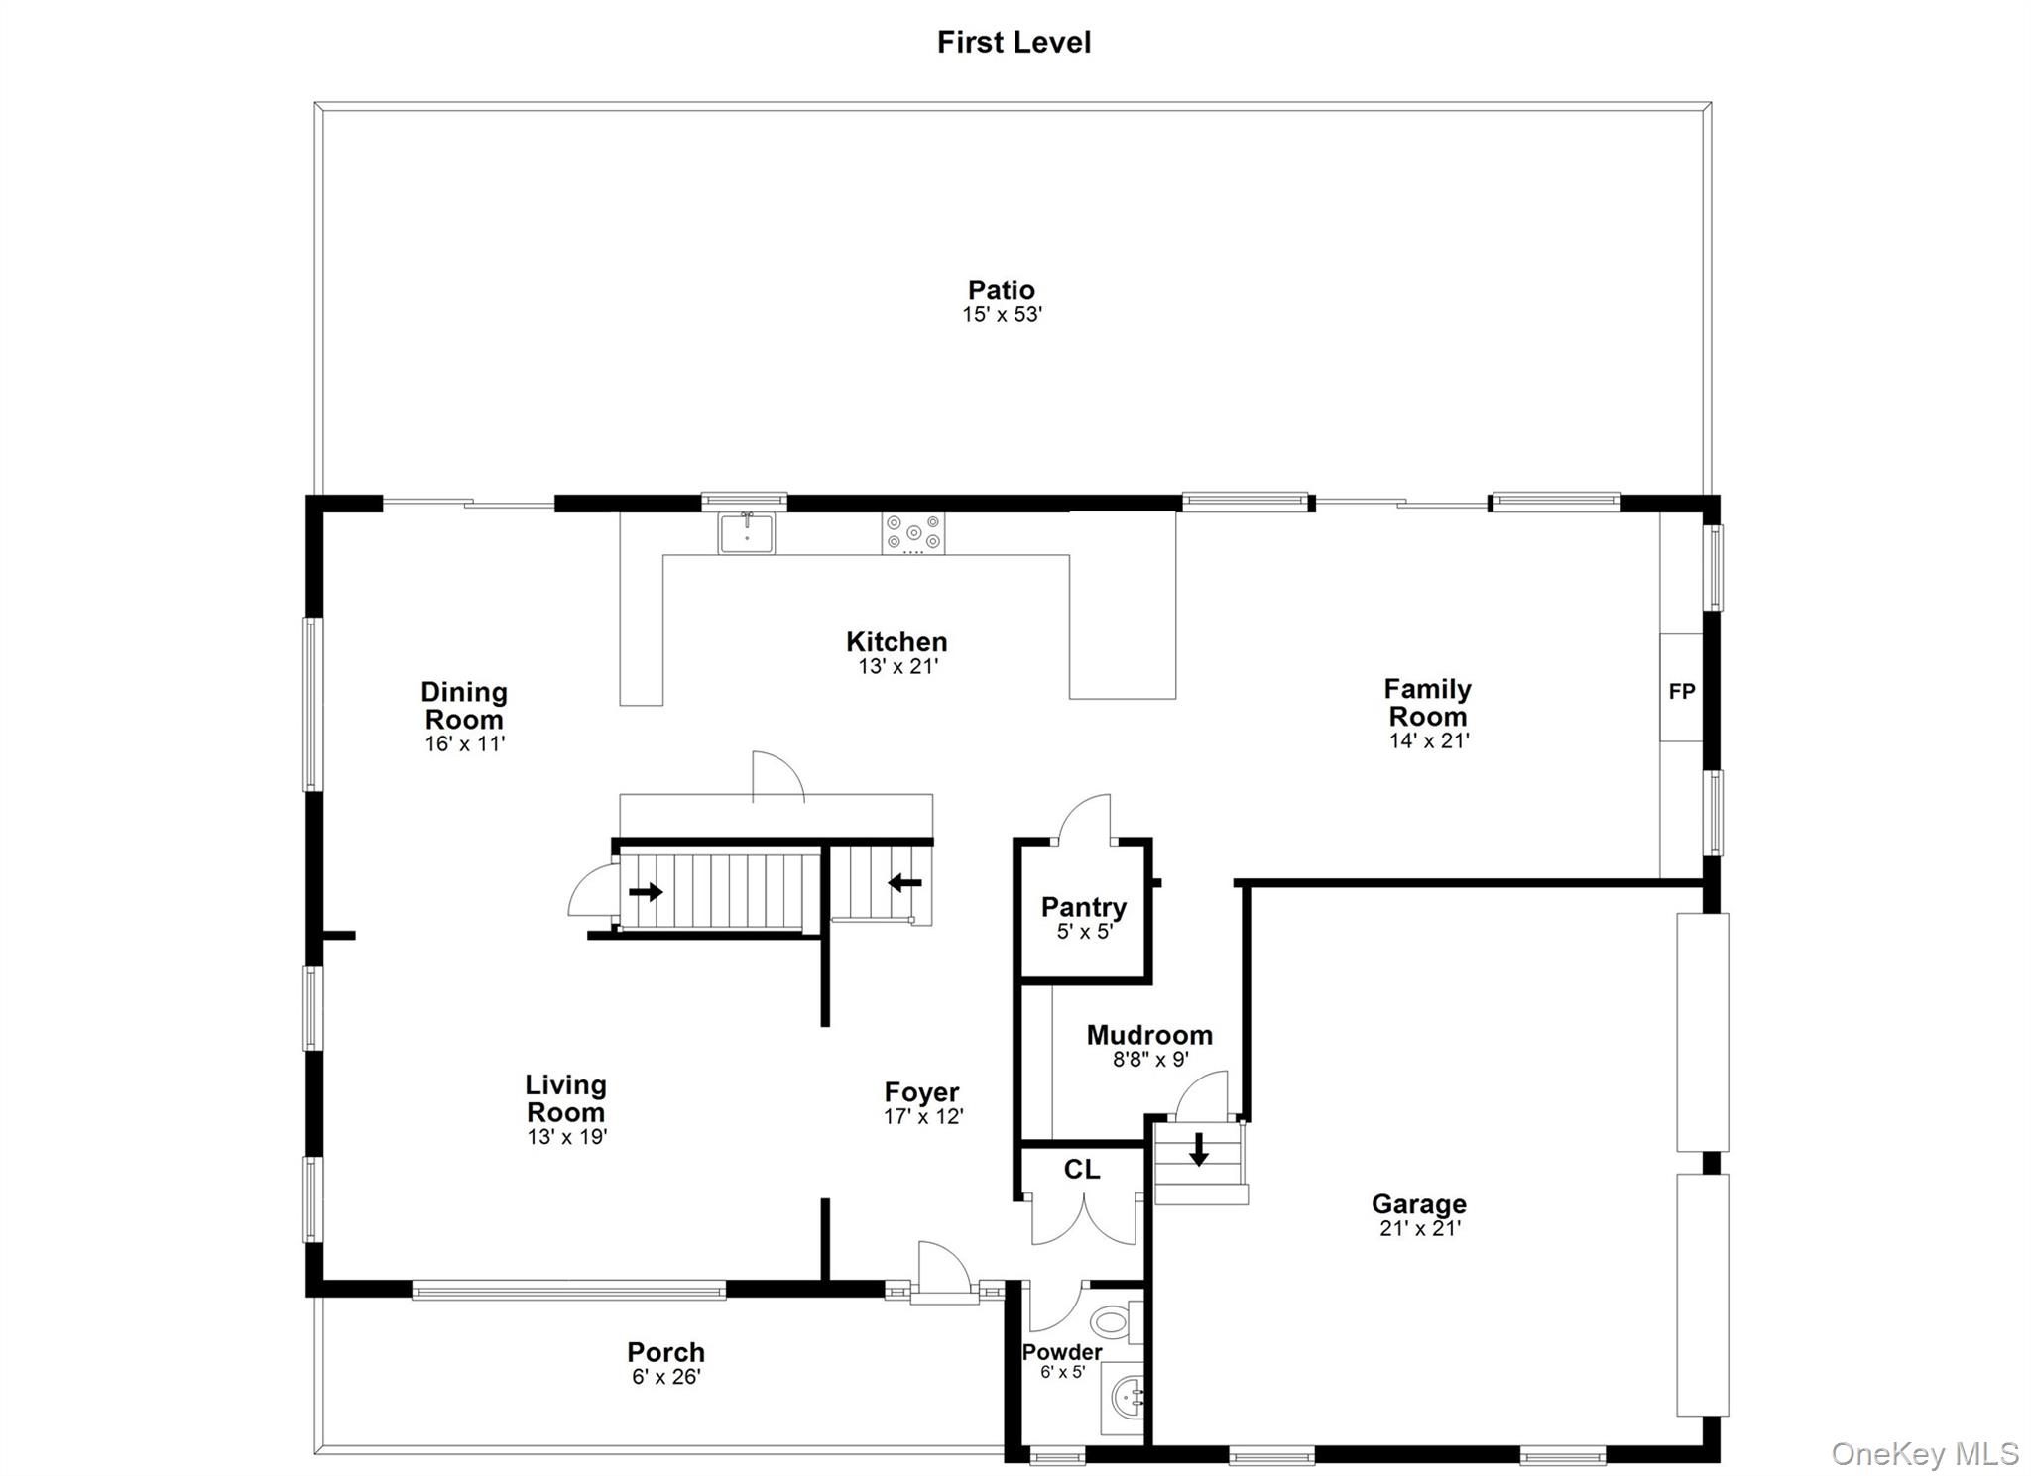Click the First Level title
(x=1014, y=42)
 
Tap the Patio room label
(x=1002, y=290)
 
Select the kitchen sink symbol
(x=747, y=532)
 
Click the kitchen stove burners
(x=913, y=533)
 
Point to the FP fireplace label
(x=1682, y=692)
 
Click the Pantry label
(x=1084, y=907)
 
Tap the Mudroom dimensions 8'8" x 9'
(x=1150, y=1060)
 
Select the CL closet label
(x=1082, y=1170)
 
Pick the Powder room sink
(x=1124, y=1399)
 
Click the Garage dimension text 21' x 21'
(x=1420, y=1229)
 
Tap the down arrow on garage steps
(x=1199, y=1149)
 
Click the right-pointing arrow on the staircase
(x=646, y=892)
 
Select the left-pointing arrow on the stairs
(x=904, y=882)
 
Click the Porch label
(x=666, y=1352)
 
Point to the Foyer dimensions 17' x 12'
(x=923, y=1116)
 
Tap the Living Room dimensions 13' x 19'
(x=567, y=1137)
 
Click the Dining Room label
(x=464, y=706)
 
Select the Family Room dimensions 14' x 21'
(x=1429, y=740)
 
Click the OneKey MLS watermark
(x=1925, y=1453)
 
